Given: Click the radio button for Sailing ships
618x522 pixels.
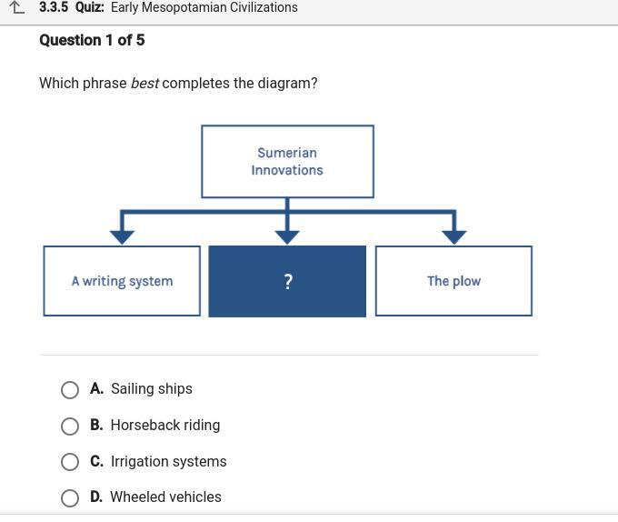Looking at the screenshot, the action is tap(70, 389).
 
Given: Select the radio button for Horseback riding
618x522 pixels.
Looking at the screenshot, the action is tap(70, 426).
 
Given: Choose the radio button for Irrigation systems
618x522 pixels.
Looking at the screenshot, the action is tap(70, 462).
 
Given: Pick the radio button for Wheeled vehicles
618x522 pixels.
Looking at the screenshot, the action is tap(70, 498).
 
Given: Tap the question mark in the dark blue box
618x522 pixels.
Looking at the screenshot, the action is tap(288, 282).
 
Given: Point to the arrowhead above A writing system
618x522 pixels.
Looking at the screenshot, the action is tap(122, 237).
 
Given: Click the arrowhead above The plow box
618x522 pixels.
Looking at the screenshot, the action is tap(454, 237).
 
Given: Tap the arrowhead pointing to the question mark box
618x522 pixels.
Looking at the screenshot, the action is tap(287, 237).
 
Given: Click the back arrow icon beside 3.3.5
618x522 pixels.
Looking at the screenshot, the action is tap(16, 7).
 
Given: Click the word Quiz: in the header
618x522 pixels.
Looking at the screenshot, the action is tap(89, 7).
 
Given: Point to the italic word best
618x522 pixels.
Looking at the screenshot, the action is tap(145, 83).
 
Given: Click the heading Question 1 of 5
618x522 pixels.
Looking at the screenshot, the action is tap(92, 40).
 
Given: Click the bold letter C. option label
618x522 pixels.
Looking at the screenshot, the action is tap(96, 461).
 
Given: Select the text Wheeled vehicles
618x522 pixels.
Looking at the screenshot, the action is tap(165, 497).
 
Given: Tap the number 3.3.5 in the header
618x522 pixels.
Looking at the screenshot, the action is tap(54, 7).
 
